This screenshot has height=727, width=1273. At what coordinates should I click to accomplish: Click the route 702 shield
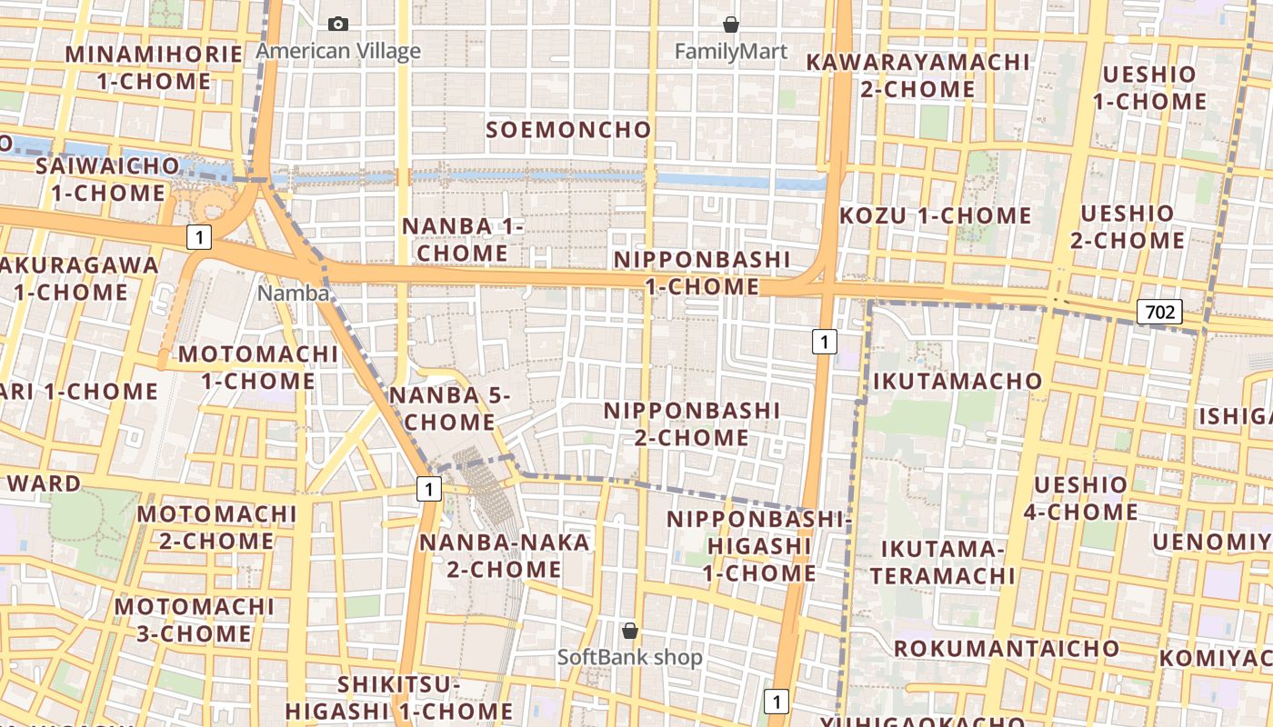1159,313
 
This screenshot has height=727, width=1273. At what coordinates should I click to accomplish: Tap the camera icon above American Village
338,25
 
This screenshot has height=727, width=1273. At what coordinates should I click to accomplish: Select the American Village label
338,51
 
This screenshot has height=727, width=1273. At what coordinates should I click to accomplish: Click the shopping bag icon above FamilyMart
730,25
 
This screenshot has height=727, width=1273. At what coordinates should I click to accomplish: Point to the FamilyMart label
730,52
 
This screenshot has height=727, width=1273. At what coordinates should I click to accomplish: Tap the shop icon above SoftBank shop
629,630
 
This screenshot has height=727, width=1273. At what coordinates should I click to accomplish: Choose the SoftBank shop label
629,657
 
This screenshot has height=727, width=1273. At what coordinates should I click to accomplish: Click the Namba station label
293,293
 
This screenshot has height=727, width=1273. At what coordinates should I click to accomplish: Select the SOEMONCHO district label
569,130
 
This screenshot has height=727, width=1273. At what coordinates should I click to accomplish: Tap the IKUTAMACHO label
957,381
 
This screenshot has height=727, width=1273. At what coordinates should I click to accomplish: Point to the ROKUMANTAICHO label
1007,648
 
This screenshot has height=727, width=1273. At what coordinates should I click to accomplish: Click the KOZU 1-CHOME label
936,215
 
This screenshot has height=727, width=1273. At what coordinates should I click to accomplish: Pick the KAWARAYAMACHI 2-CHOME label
918,75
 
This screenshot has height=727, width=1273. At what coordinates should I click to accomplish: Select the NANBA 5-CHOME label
449,409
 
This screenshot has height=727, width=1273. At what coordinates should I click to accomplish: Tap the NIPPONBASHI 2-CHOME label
692,424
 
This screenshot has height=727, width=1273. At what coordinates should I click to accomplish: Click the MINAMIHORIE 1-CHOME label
154,67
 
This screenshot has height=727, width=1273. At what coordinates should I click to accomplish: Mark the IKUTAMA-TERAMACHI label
942,563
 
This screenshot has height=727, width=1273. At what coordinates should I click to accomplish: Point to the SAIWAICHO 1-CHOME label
107,179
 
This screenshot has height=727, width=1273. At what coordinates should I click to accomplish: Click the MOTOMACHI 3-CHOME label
195,620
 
